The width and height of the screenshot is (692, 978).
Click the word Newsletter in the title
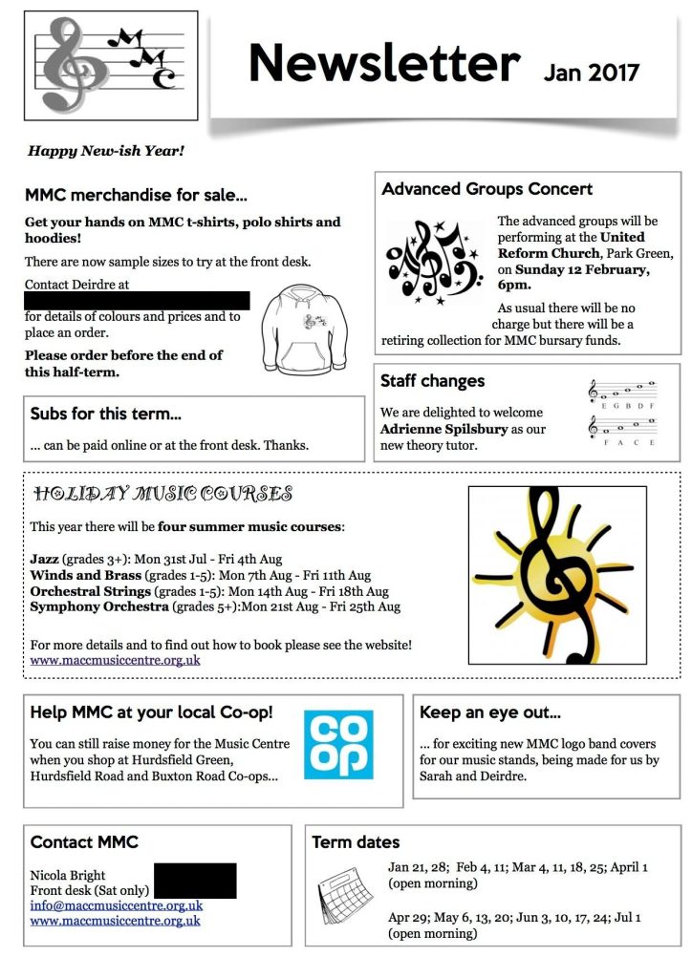tap(383, 63)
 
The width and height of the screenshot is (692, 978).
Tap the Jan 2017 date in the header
tap(591, 72)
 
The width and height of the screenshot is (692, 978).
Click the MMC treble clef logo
tap(109, 64)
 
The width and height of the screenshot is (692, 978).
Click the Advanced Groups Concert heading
tap(487, 189)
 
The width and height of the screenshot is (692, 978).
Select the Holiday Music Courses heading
tap(162, 494)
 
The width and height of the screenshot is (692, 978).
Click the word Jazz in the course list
tap(45, 559)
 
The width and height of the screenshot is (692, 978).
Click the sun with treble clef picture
tap(556, 574)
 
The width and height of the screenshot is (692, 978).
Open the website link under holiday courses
tap(115, 659)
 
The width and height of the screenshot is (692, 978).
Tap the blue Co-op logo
tap(338, 744)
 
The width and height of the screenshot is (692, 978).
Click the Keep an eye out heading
tap(490, 712)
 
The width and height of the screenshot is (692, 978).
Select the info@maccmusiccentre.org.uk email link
tap(116, 905)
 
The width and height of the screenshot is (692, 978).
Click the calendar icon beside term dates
tap(344, 896)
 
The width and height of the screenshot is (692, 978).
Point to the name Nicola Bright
tap(68, 875)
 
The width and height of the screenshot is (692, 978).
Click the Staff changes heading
tap(432, 381)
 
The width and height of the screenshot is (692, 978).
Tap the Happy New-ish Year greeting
tap(105, 150)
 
